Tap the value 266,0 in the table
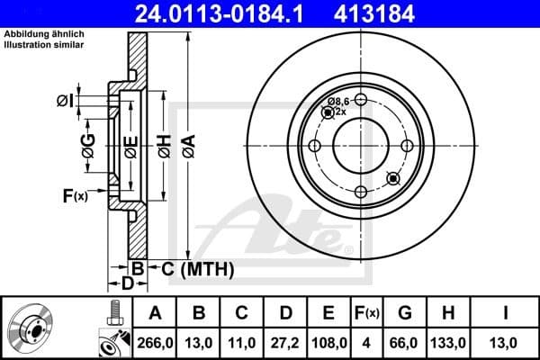[155, 342]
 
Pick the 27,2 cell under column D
[286, 342]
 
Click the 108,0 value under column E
[328, 342]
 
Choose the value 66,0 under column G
[404, 342]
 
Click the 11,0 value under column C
[242, 342]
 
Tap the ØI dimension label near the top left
[64, 99]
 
